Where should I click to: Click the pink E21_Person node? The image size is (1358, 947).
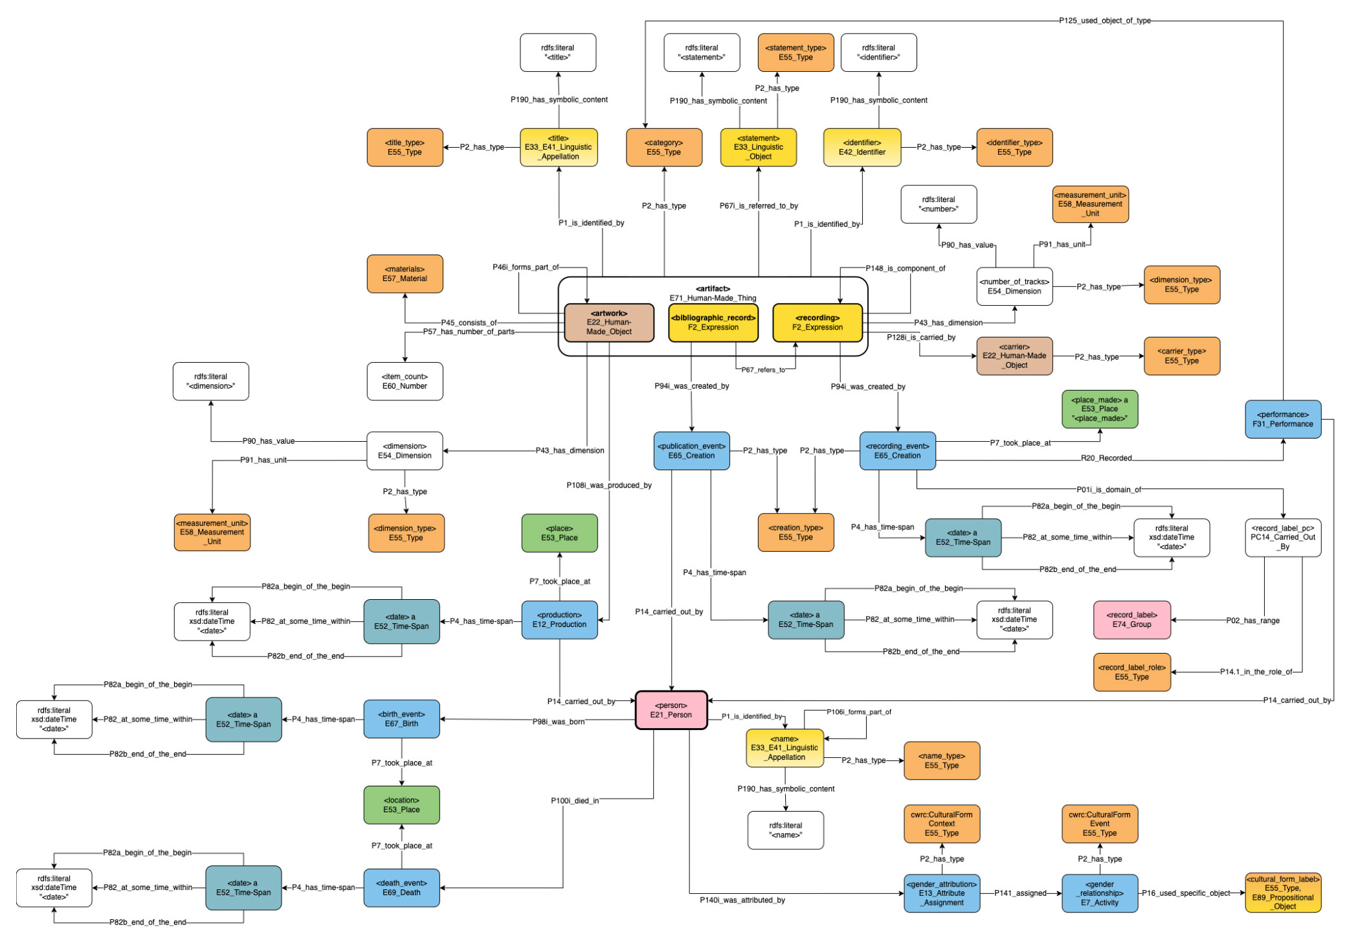(x=671, y=710)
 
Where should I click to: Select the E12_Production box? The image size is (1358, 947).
(x=559, y=620)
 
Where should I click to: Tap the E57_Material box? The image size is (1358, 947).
(x=405, y=274)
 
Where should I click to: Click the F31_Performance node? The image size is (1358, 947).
(x=1282, y=419)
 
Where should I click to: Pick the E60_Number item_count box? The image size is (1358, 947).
(x=405, y=381)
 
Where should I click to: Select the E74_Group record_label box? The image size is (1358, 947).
(x=1131, y=620)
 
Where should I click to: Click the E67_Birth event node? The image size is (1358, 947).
(x=401, y=719)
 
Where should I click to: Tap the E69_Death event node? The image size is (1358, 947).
(x=401, y=887)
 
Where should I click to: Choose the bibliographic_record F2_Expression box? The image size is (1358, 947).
(x=713, y=323)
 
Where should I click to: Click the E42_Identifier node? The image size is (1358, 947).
(x=862, y=147)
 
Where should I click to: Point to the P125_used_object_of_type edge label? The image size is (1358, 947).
(x=1104, y=21)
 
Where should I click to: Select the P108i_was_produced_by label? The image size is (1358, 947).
(x=608, y=485)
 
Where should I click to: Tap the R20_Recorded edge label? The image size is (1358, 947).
(x=1106, y=458)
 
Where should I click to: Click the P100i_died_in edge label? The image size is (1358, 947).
(x=575, y=801)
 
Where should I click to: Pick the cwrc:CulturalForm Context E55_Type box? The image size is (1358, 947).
(x=941, y=824)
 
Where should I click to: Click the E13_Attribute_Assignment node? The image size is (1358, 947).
(x=941, y=893)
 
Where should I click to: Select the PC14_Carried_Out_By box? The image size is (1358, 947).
(x=1282, y=537)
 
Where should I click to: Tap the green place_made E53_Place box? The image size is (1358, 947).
(x=1099, y=409)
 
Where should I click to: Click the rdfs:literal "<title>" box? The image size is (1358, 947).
(x=557, y=52)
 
